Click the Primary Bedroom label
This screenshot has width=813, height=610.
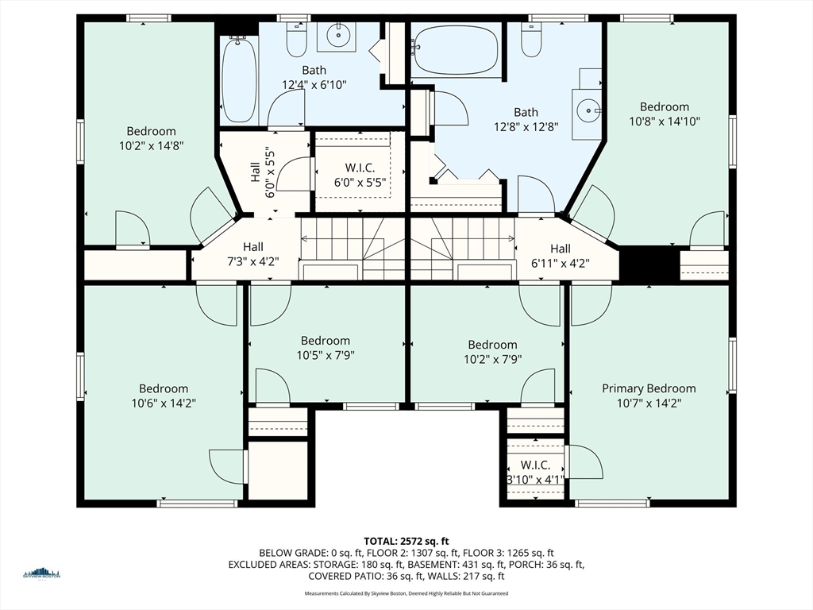tap(649, 388)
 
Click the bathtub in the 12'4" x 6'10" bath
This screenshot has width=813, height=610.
tap(238, 79)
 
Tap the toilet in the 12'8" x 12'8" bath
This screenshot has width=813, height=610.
tap(531, 38)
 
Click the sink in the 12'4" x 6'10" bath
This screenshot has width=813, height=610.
tap(337, 35)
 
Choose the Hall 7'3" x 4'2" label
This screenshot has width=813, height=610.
tap(252, 255)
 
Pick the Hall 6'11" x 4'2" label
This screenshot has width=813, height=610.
tap(560, 256)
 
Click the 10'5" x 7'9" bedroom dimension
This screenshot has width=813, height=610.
tap(326, 355)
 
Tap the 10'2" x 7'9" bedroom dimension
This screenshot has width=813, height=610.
tap(492, 359)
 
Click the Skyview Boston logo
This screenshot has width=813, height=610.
tap(41, 573)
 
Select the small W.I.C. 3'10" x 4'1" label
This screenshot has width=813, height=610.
tap(535, 473)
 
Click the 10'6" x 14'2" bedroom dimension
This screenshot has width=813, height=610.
tap(164, 403)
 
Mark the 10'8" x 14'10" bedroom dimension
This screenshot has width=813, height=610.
tap(665, 121)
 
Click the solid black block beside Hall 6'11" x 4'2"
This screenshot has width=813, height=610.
tap(649, 264)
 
